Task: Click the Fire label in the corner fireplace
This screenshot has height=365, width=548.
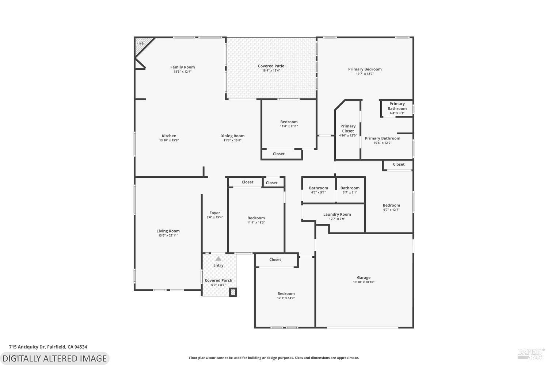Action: [140, 43]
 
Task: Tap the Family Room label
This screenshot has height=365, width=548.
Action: [182, 67]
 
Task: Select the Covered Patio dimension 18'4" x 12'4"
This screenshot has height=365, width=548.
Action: [271, 71]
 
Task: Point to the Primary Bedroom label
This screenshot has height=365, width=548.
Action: [365, 69]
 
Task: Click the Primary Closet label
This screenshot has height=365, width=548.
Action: [348, 128]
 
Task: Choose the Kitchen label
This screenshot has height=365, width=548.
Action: [169, 136]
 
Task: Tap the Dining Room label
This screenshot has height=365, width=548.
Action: [232, 136]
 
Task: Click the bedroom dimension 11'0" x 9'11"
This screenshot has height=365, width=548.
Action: [289, 126]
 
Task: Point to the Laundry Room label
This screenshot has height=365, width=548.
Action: [337, 214]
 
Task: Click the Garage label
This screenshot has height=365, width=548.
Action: [364, 277]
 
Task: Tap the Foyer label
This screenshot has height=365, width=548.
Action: [214, 213]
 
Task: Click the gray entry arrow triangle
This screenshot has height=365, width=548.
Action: [218, 259]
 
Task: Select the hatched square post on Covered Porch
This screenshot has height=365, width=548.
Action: [233, 292]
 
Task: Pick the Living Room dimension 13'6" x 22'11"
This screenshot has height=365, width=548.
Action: [168, 235]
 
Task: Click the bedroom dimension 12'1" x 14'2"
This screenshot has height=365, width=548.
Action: [286, 298]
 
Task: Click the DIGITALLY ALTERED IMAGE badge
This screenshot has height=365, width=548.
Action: [54, 358]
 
